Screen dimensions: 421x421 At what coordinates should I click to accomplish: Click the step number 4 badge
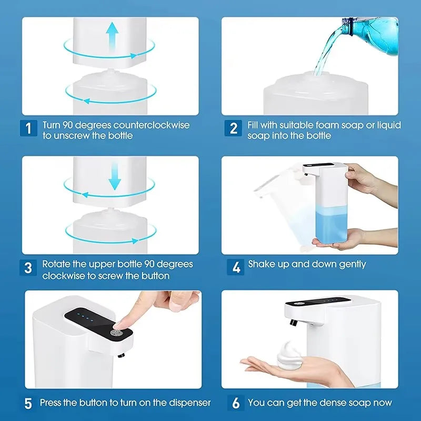tap(236, 267)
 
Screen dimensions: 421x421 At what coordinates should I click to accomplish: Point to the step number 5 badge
tap(28, 404)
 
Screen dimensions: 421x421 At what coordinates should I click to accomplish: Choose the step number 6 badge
tap(236, 404)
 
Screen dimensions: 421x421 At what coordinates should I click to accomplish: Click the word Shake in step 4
tap(262, 264)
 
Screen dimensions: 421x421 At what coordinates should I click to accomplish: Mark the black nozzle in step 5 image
tap(121, 356)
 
